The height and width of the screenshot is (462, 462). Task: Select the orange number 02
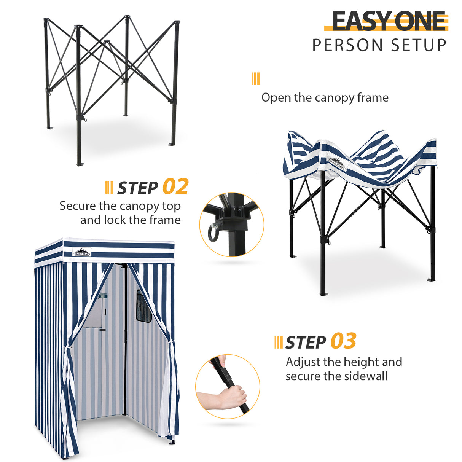(x=175, y=187)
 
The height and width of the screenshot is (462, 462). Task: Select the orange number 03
(x=343, y=341)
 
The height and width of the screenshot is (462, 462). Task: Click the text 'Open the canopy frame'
(x=325, y=98)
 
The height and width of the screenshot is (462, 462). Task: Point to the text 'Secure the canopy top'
(x=120, y=206)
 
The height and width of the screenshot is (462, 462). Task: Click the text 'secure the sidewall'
(x=336, y=376)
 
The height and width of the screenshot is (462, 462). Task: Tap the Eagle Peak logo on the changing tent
(x=82, y=252)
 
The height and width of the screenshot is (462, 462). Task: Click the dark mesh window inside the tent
(x=143, y=307)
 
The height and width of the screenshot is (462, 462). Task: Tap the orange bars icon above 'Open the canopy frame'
(x=256, y=79)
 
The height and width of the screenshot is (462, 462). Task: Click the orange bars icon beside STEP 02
(x=109, y=187)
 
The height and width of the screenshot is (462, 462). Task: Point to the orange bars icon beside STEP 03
(x=278, y=342)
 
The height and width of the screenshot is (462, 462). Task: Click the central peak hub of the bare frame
(x=107, y=41)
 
